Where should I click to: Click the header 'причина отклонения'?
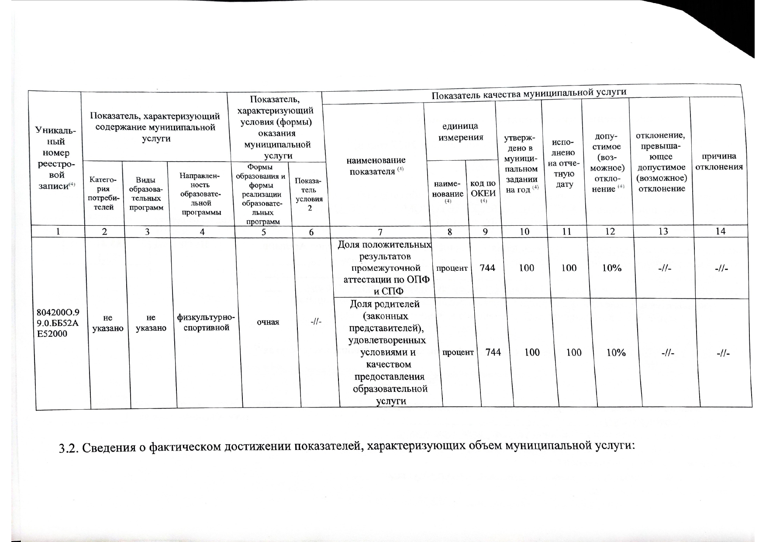pyautogui.click(x=718, y=162)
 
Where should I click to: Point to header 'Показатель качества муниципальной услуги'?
pyautogui.click(x=528, y=93)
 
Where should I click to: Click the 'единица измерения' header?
pyautogui.click(x=460, y=131)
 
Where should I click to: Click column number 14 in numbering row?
pyautogui.click(x=720, y=231)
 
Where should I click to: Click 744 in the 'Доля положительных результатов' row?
pyautogui.click(x=487, y=268)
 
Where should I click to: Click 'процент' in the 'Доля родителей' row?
pyautogui.click(x=458, y=352)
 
